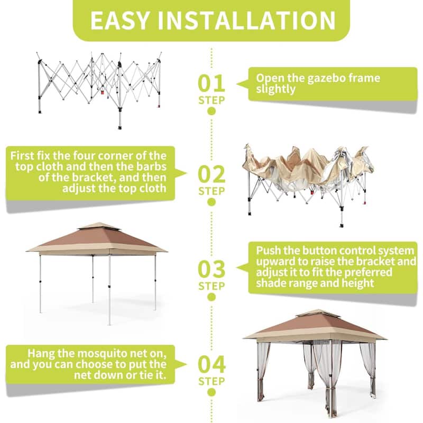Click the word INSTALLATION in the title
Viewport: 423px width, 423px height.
coord(248,20)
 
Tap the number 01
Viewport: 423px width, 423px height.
coord(211,84)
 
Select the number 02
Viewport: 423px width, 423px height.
coord(211,174)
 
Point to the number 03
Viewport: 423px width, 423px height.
coord(211,269)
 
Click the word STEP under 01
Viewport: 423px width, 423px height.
coord(211,99)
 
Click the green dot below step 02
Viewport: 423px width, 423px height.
coord(211,201)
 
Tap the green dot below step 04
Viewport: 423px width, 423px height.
coord(211,392)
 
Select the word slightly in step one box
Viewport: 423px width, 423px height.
coord(275,89)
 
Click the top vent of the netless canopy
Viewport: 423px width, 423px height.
coord(99,226)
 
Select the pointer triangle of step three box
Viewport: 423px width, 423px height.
coord(242,268)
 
